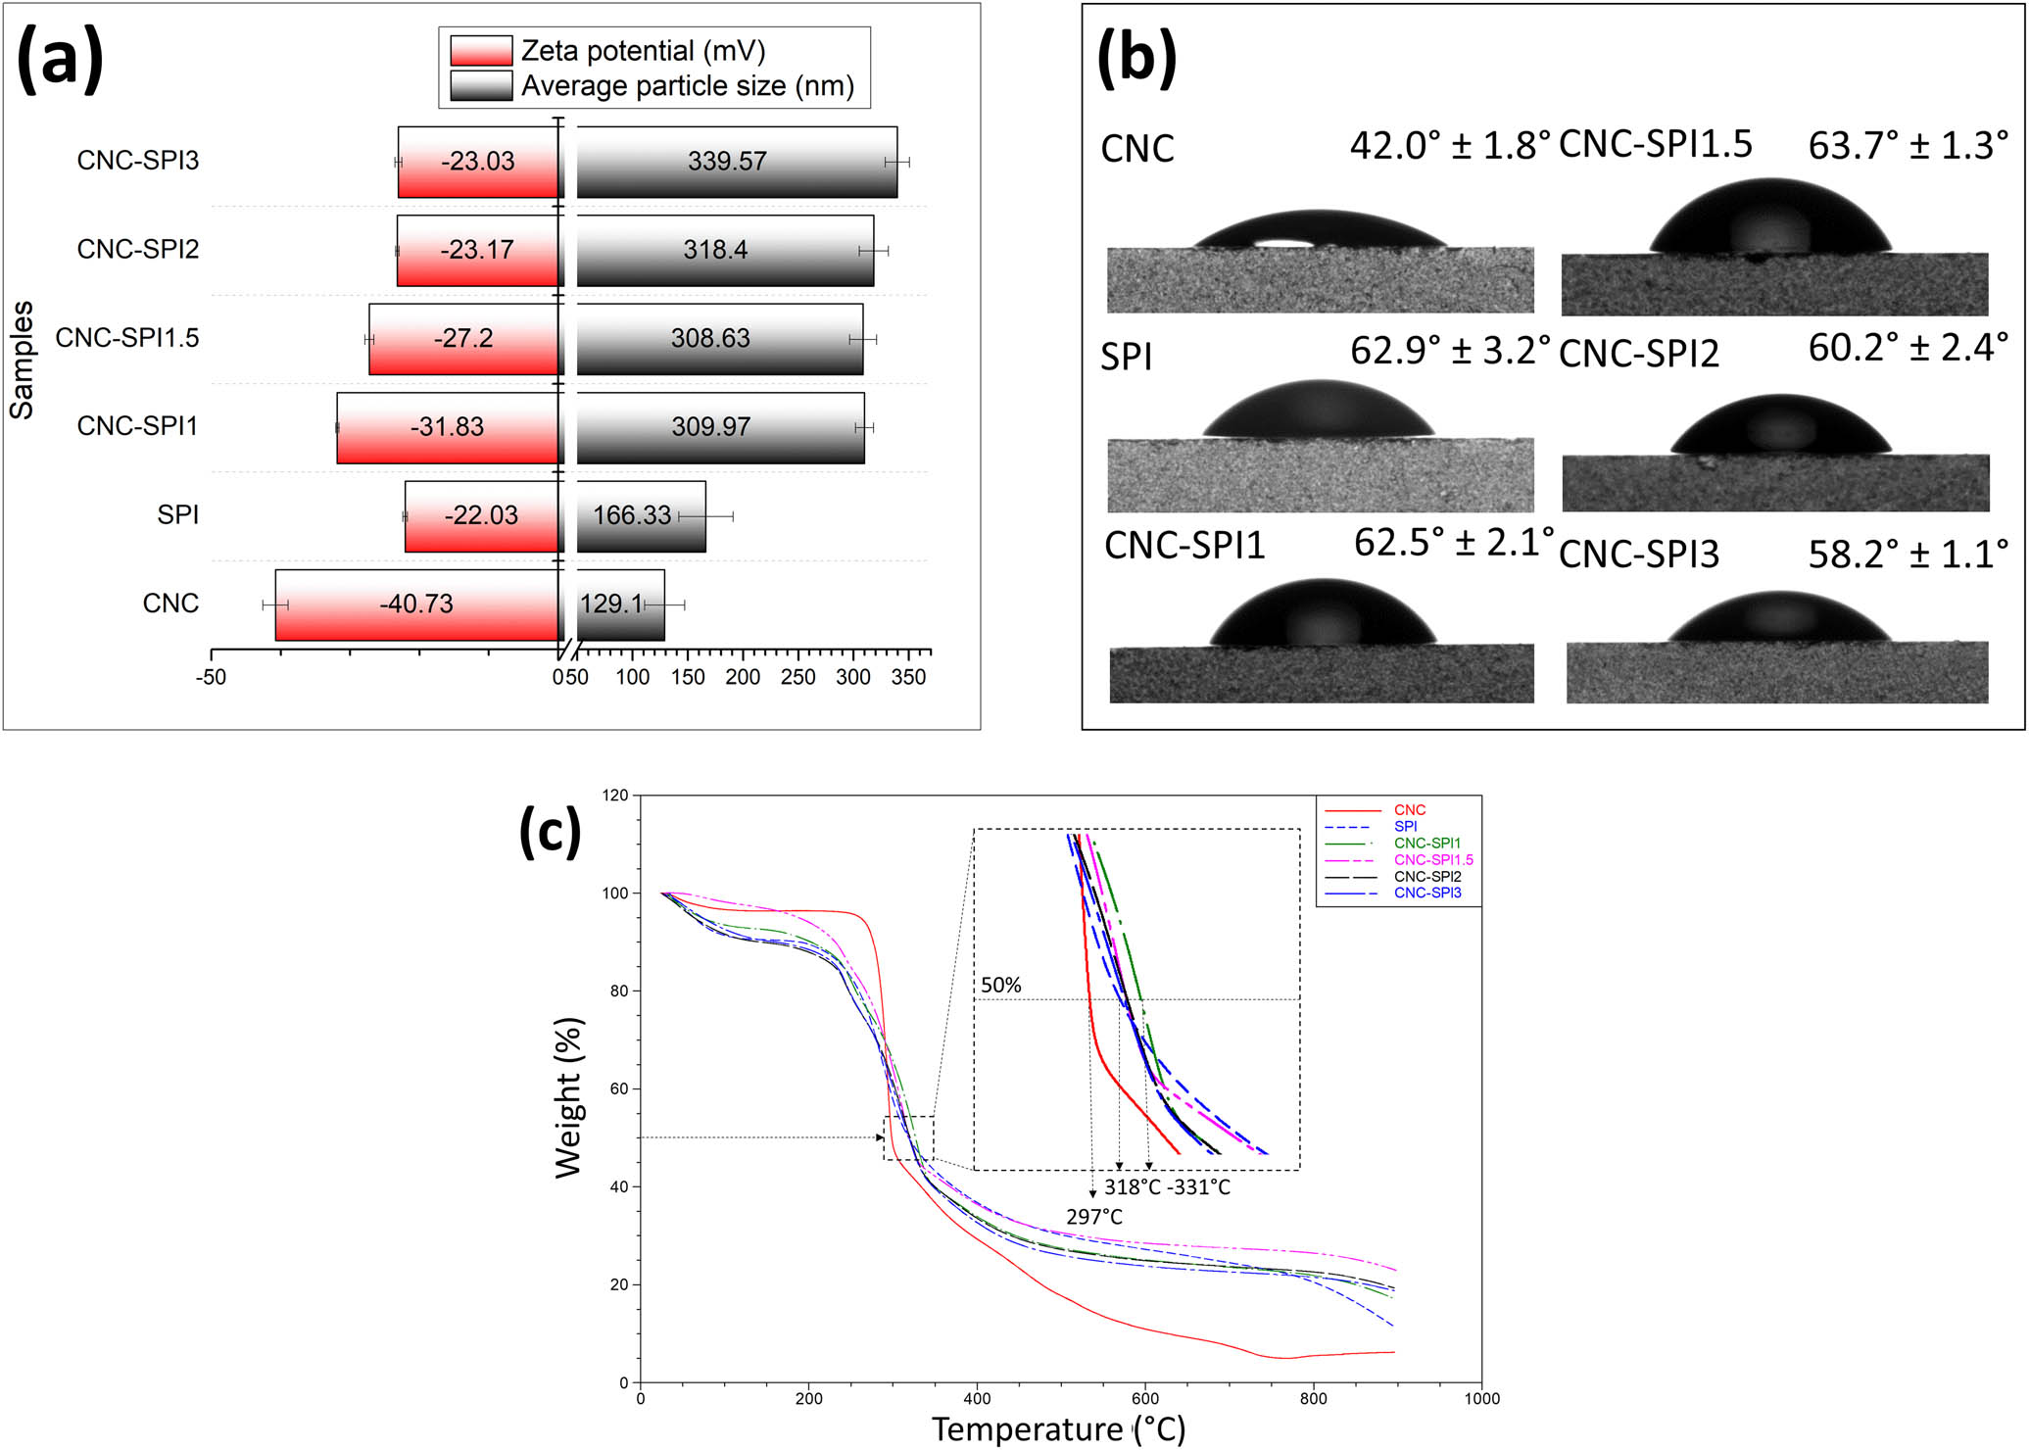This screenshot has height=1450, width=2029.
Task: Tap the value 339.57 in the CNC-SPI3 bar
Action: click(727, 162)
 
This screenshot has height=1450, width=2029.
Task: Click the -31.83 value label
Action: click(447, 427)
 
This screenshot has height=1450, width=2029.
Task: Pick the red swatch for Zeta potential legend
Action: click(480, 50)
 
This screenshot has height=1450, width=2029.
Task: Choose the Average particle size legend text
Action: click(687, 86)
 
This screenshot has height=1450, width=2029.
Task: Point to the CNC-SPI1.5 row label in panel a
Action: click(127, 338)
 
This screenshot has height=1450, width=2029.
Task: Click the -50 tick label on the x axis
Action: click(211, 677)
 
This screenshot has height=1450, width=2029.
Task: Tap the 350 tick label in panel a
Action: click(908, 677)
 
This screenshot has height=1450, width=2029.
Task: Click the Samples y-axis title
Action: click(22, 360)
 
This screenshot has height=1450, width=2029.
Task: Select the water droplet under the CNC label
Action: click(1321, 231)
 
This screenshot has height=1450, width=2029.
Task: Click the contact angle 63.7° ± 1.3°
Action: click(1908, 146)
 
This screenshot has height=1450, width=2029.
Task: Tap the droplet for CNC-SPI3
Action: click(1777, 618)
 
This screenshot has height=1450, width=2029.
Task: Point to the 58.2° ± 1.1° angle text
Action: click(1908, 555)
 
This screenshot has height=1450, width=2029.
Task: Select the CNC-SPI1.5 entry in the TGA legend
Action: click(1433, 859)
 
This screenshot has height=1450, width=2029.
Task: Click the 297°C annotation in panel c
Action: click(1094, 1217)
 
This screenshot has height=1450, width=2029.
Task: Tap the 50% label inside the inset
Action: click(1001, 985)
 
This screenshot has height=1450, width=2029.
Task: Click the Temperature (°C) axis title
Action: click(1058, 1429)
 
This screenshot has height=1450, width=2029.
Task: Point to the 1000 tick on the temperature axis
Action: click(1481, 1399)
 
